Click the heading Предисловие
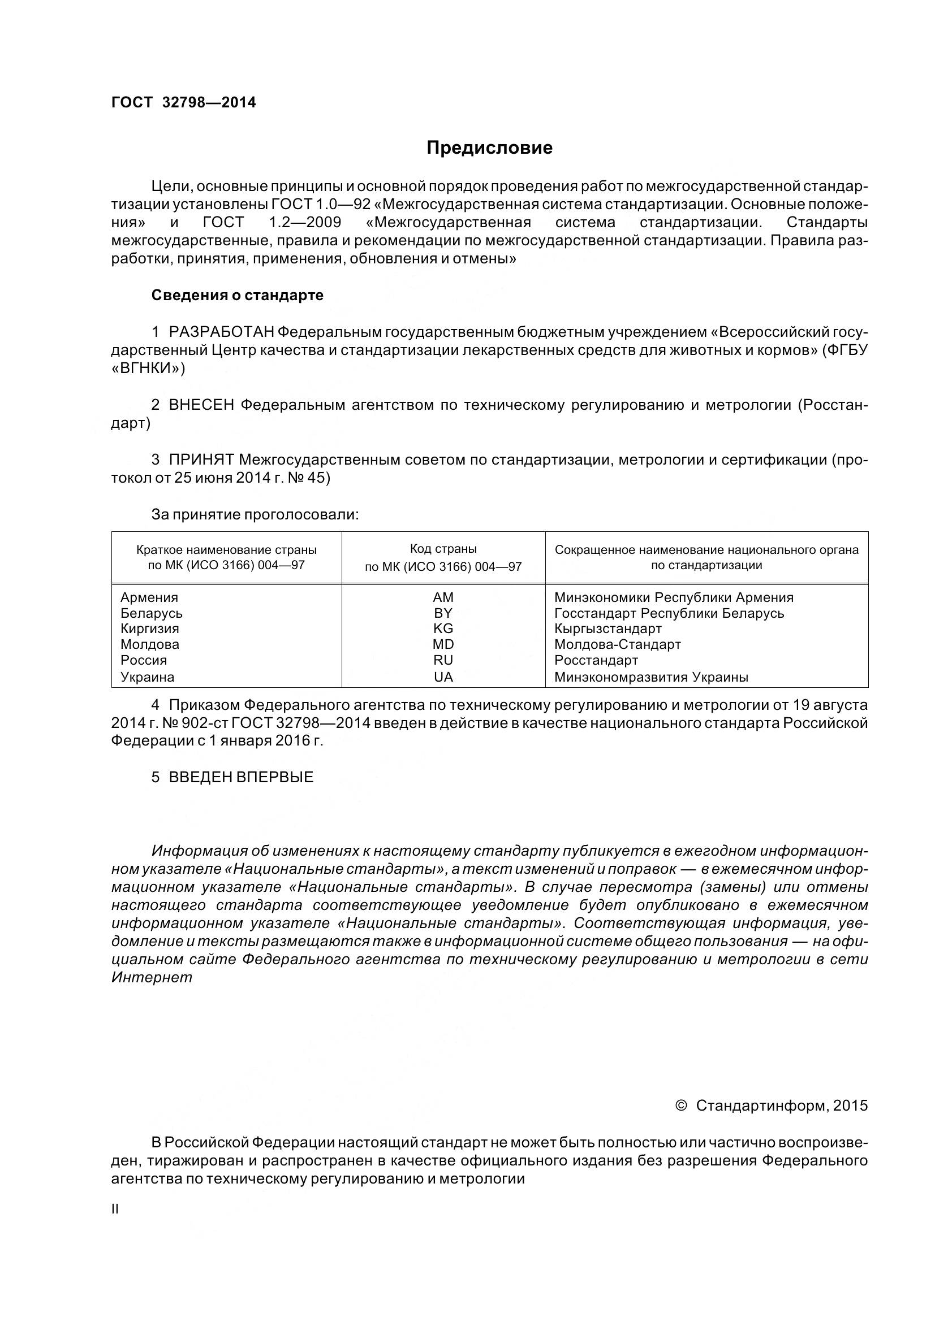click(489, 148)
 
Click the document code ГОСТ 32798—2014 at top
click(183, 102)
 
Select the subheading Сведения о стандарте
click(238, 296)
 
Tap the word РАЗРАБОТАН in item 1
click(221, 332)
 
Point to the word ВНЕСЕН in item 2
click(201, 405)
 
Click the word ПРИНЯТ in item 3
click(201, 460)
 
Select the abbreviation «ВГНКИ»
click(148, 369)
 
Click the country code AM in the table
click(443, 597)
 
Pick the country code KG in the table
click(443, 629)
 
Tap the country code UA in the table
click(443, 677)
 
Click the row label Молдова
click(150, 645)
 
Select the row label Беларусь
click(152, 613)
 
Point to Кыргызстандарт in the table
click(608, 629)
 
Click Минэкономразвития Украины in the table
click(651, 677)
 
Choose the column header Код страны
click(443, 549)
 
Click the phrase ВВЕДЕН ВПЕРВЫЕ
click(241, 777)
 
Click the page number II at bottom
click(115, 1209)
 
